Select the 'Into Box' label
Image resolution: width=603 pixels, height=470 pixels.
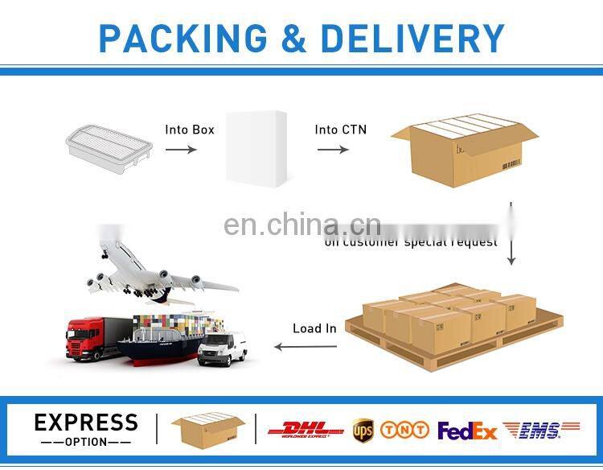point(190,129)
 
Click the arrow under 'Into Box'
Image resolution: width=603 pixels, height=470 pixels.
point(181,149)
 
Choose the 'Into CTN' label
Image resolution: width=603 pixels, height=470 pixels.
point(340,129)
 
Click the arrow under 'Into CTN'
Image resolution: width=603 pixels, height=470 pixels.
point(332,149)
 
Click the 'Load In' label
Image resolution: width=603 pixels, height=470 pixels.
point(314,328)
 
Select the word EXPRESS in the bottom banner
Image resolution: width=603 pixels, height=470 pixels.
point(86,423)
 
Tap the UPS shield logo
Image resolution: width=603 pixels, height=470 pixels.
point(363,431)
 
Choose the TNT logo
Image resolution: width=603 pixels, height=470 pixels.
point(404,431)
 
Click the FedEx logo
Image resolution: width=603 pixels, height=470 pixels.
point(467,431)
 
